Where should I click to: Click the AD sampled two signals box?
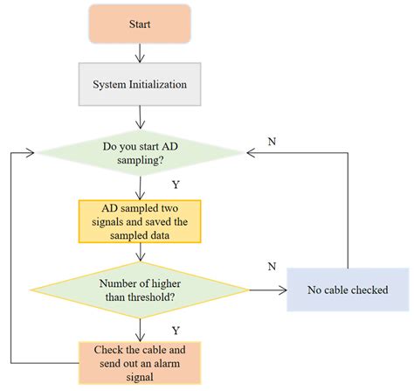(140, 221)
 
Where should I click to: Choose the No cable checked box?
(348, 290)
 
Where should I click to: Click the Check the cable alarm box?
(140, 361)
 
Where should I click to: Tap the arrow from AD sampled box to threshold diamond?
(140, 253)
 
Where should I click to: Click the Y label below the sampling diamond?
(175, 185)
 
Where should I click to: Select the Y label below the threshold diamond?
(175, 331)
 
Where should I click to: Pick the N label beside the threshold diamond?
(271, 265)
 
